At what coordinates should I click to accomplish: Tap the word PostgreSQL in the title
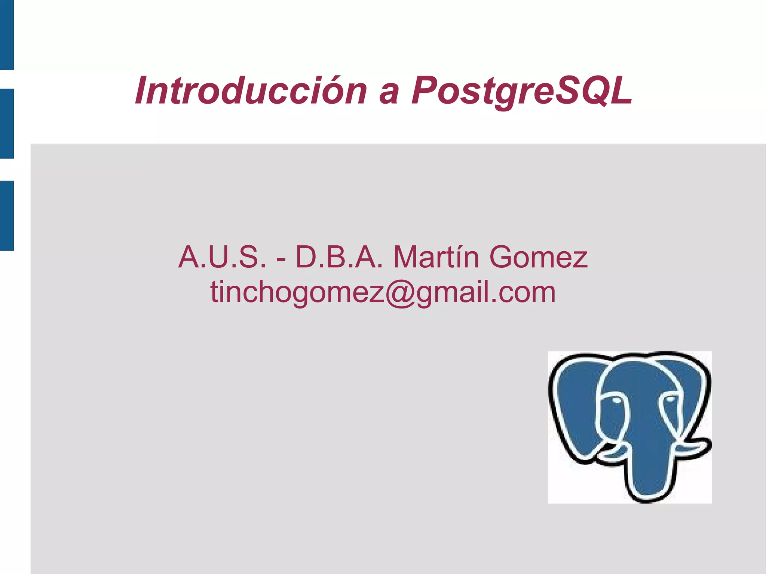pos(522,91)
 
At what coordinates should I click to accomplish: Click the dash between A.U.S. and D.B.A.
pos(281,259)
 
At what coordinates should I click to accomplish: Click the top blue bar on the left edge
pos(7,34)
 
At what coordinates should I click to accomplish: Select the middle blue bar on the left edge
pos(7,123)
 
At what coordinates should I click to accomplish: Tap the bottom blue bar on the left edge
pos(7,215)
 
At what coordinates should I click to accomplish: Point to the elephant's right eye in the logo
pos(670,399)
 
